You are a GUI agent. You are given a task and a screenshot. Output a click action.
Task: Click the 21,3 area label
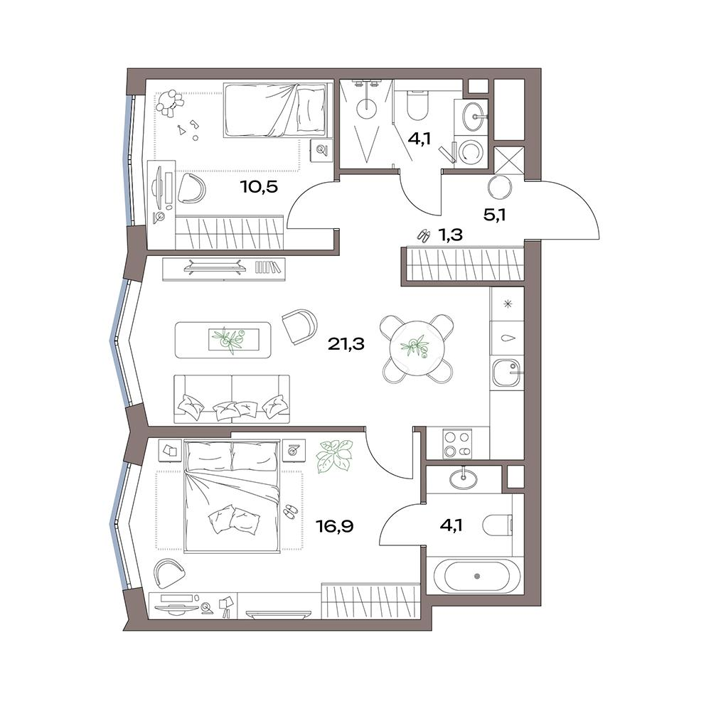pyautogui.click(x=346, y=344)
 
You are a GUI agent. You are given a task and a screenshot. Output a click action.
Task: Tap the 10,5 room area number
pyautogui.click(x=259, y=186)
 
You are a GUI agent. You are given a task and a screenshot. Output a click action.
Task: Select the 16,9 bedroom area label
pyautogui.click(x=335, y=526)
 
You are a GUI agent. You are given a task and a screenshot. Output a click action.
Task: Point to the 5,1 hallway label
pyautogui.click(x=494, y=215)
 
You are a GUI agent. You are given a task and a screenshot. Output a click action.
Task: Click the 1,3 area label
pyautogui.click(x=450, y=235)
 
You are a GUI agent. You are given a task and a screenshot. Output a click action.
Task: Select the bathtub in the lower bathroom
pyautogui.click(x=476, y=577)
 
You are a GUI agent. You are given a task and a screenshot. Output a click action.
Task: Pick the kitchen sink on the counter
pyautogui.click(x=507, y=372)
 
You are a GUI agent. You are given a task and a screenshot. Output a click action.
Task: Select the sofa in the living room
pyautogui.click(x=232, y=399)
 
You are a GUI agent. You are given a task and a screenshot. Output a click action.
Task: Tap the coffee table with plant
pyautogui.click(x=223, y=340)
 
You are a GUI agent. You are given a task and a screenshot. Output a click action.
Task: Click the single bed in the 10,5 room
pyautogui.click(x=274, y=109)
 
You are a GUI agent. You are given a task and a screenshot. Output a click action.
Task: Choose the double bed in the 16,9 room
pyautogui.click(x=232, y=496)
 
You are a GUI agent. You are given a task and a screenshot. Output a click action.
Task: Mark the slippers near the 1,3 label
pyautogui.click(x=424, y=235)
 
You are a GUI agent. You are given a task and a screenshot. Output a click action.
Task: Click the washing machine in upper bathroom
pyautogui.click(x=470, y=151)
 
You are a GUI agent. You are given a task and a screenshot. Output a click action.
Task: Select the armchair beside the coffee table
pyautogui.click(x=299, y=326)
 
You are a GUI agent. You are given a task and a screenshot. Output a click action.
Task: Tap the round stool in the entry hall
pyautogui.click(x=500, y=186)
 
